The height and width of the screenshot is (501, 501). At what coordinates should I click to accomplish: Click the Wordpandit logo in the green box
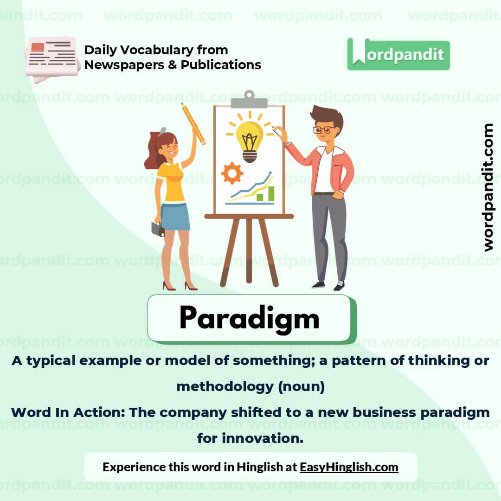(398, 54)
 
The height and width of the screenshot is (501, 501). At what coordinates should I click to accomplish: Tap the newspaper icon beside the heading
(51, 58)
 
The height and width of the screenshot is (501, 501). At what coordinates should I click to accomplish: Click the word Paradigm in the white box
(249, 318)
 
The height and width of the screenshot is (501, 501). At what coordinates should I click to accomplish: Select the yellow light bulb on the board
(250, 137)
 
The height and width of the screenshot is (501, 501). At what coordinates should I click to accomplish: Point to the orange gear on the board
(232, 173)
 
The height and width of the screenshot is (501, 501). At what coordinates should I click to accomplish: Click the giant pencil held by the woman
(194, 123)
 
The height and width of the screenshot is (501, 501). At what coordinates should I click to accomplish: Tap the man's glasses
(323, 130)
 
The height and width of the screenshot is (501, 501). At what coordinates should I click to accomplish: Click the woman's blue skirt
(175, 216)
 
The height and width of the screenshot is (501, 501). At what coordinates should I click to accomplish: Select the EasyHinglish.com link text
(349, 467)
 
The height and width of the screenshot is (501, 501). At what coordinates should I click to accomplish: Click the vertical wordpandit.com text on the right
(488, 187)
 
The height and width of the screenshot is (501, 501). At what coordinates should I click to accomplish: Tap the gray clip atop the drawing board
(249, 100)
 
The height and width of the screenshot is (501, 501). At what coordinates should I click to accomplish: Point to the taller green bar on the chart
(271, 194)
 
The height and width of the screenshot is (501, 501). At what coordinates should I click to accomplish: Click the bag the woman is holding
(158, 229)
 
